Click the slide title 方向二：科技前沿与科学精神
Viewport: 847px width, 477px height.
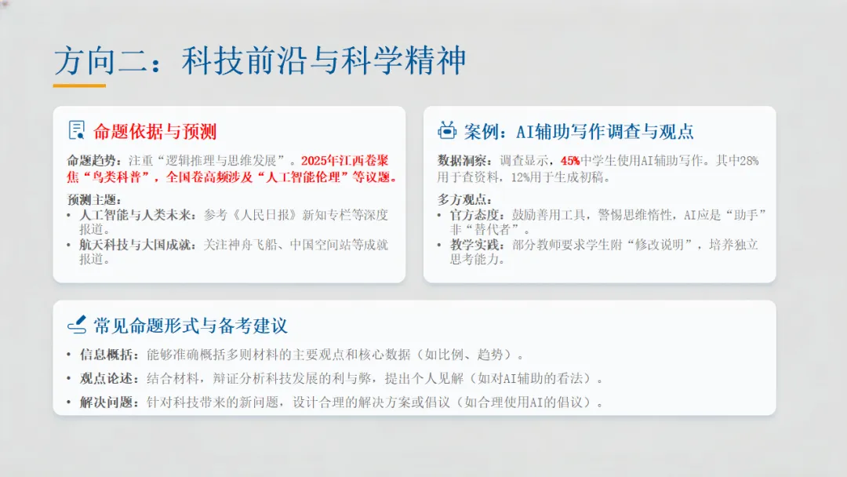pyautogui.click(x=260, y=60)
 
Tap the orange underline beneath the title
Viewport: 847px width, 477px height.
pyautogui.click(x=79, y=85)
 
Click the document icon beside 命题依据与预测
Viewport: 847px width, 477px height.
pyautogui.click(x=77, y=130)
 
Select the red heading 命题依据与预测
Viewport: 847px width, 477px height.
pyautogui.click(x=154, y=131)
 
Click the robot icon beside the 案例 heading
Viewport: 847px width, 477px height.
pyautogui.click(x=447, y=130)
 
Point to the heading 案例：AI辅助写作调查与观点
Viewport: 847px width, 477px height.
pyautogui.click(x=579, y=131)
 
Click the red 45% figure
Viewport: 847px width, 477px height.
pyautogui.click(x=570, y=161)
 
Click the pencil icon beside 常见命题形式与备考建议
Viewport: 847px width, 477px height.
pyautogui.click(x=77, y=325)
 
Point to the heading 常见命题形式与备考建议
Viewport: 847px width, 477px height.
pyautogui.click(x=191, y=326)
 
